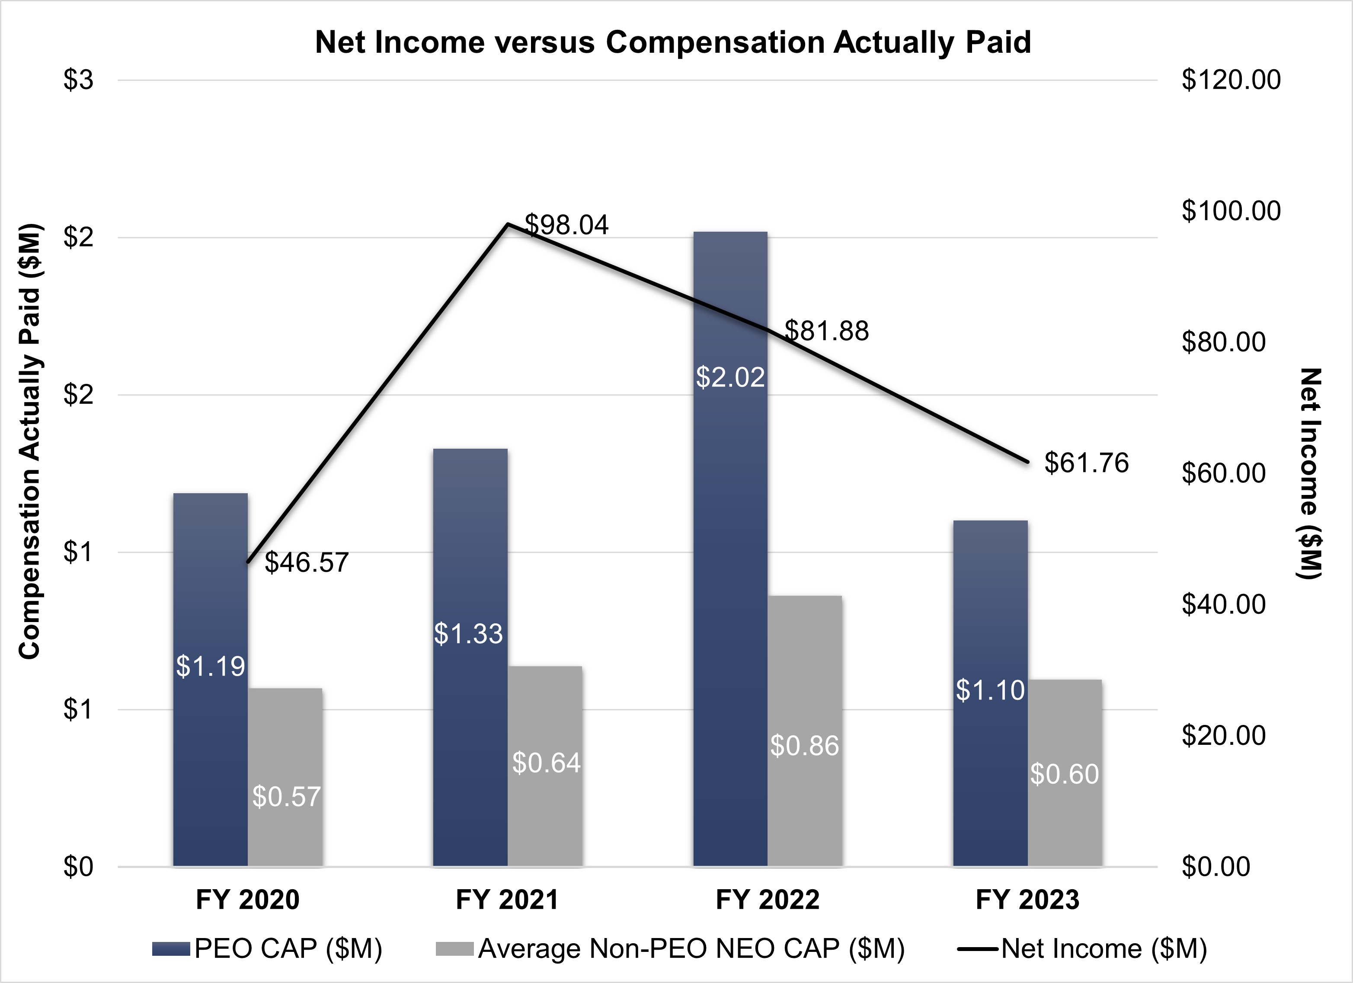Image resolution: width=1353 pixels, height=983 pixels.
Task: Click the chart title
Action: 673,42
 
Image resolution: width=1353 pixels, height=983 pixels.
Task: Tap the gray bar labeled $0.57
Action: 285,776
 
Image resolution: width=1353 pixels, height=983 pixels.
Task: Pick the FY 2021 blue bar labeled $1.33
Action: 470,656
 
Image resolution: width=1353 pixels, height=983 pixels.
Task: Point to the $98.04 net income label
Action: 567,225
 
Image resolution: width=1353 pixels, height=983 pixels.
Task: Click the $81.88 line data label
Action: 827,331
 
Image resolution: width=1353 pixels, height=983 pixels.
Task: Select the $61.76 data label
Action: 1086,463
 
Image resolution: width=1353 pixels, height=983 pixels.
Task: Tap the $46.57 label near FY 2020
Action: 307,562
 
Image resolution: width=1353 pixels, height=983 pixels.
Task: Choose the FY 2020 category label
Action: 248,900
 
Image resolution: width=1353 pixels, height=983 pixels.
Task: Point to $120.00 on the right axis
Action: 1231,80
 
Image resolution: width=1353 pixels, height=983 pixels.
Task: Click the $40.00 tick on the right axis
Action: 1224,604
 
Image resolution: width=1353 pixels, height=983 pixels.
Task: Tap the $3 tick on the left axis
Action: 79,80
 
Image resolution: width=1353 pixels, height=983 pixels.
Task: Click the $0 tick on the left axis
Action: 79,866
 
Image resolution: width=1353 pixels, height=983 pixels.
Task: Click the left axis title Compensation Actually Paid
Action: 30,441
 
